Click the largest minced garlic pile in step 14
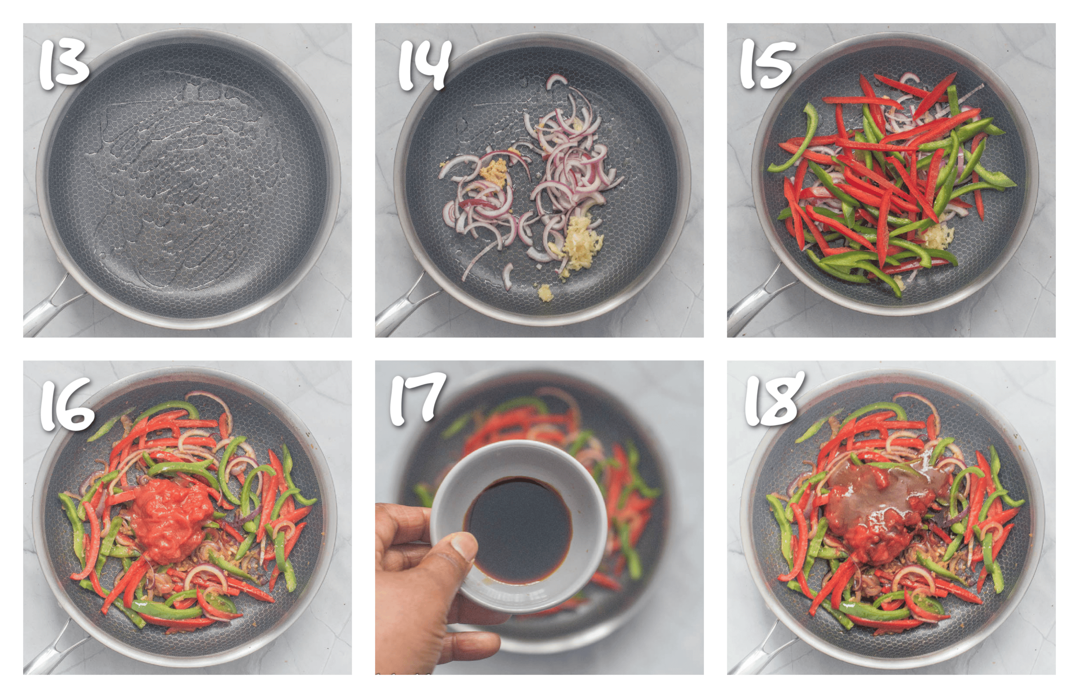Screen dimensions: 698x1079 coord(578,242)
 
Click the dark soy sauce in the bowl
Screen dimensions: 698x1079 coord(519,528)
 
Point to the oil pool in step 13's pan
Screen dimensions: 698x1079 coord(181,181)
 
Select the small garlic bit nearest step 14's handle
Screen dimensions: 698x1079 coord(545,293)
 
